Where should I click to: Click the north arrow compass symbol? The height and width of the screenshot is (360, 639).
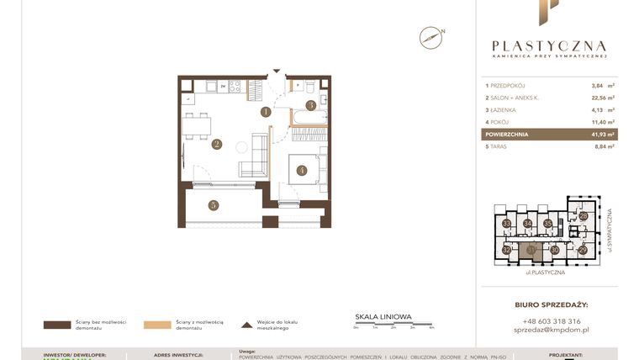coord(431,37)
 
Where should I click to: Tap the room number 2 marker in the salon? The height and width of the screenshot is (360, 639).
coord(216,144)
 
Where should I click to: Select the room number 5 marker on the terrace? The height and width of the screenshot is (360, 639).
coord(214,204)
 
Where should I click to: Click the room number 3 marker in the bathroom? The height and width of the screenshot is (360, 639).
coord(310,105)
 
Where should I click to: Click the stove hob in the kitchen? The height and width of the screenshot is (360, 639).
coord(235,86)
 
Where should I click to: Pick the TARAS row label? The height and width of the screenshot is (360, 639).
coord(501,146)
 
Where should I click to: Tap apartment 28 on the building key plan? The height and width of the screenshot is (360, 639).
coord(584,216)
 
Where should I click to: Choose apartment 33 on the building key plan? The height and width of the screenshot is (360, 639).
coord(507,224)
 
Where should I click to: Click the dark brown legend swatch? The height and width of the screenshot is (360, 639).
coord(58,325)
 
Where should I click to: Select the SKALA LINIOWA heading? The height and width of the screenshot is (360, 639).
coord(383,316)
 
